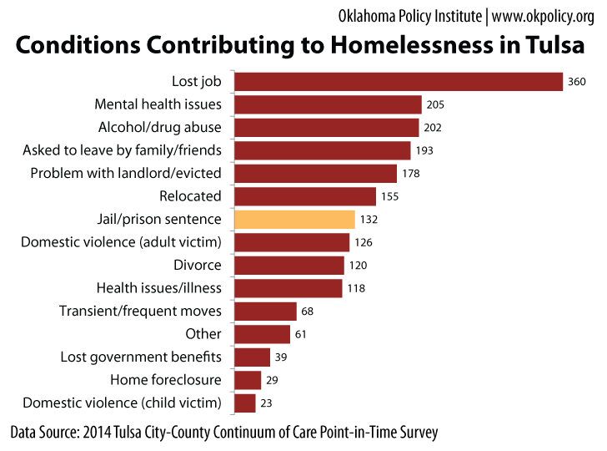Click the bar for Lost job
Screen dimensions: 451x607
(399, 82)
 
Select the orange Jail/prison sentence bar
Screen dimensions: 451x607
(295, 220)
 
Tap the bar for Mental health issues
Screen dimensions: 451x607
(328, 104)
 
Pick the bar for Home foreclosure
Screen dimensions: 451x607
(248, 380)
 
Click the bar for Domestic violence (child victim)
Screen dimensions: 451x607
(245, 403)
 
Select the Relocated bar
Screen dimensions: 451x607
(305, 196)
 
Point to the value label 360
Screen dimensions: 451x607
(577, 82)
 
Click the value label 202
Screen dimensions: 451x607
(432, 128)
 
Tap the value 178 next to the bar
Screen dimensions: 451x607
(409, 174)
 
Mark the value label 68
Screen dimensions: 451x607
(308, 312)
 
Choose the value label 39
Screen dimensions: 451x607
(281, 357)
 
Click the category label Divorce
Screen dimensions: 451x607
(198, 265)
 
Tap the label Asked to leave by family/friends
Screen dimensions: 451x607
(122, 150)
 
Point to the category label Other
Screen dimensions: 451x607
(203, 334)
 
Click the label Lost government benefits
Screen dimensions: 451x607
(141, 357)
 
